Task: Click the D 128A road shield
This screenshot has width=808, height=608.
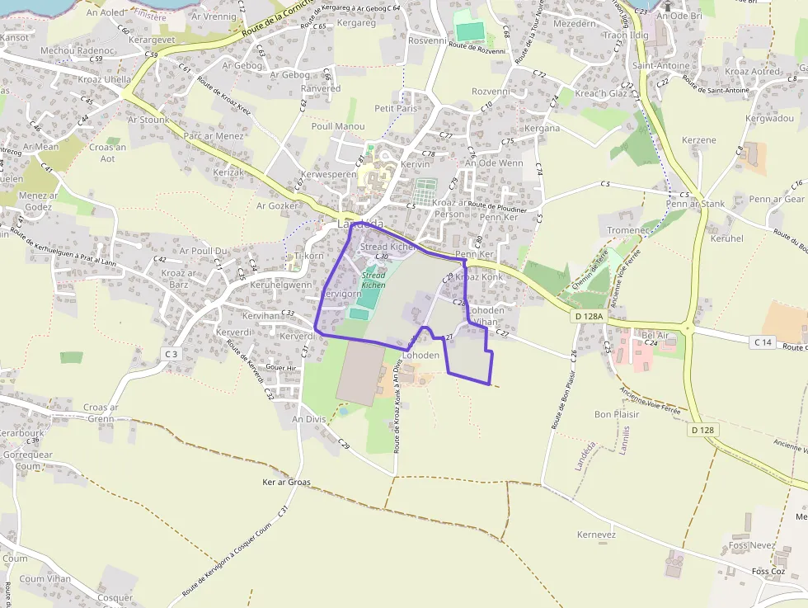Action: click(x=590, y=316)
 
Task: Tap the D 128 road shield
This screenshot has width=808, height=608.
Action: click(x=702, y=430)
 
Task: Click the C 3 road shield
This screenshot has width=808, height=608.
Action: click(x=171, y=354)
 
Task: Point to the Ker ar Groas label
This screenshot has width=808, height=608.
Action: click(x=286, y=482)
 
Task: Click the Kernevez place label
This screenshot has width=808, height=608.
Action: click(x=596, y=535)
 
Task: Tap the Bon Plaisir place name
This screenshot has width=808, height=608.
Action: click(x=617, y=414)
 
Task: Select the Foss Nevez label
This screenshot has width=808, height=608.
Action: click(x=752, y=545)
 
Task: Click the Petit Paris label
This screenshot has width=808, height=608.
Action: click(x=396, y=108)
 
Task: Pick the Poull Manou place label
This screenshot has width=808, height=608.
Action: click(x=338, y=126)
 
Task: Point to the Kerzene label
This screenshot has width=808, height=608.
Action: click(x=699, y=140)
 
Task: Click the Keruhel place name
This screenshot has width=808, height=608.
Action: click(x=726, y=238)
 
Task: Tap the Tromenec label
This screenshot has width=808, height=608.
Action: click(x=628, y=231)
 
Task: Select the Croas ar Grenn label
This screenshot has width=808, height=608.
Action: click(x=101, y=412)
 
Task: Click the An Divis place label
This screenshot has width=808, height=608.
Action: click(x=309, y=419)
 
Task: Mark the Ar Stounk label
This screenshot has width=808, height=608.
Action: click(x=148, y=120)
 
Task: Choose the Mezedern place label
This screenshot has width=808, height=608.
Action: click(x=574, y=24)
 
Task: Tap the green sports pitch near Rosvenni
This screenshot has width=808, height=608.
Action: click(x=470, y=31)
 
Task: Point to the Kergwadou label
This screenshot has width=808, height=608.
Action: click(x=769, y=119)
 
